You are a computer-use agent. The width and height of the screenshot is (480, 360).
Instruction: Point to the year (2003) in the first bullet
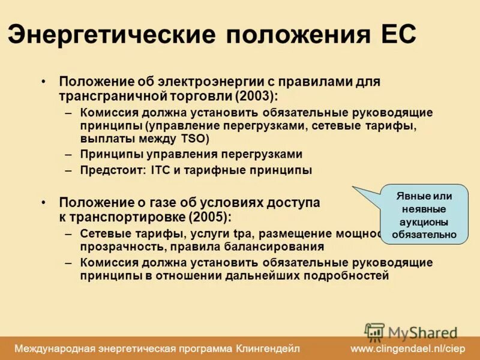tap(256, 95)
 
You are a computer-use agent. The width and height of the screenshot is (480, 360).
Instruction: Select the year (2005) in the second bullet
tap(210, 216)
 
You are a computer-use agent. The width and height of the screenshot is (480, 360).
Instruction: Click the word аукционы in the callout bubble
tap(424, 222)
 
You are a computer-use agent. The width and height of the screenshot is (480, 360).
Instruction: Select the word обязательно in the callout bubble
tap(424, 235)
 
